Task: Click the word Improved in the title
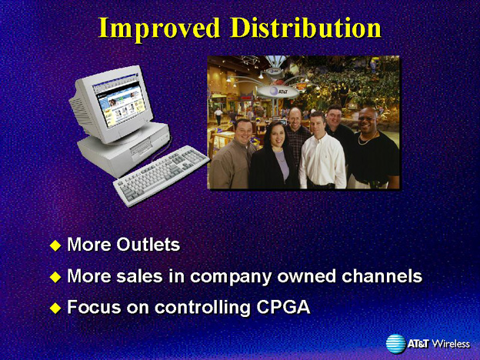(x=159, y=29)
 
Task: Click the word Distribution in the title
(x=306, y=28)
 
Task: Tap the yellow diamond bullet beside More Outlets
(x=55, y=245)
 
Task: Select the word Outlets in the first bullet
(x=148, y=245)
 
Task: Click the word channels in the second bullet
(x=382, y=275)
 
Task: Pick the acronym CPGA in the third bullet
(x=284, y=307)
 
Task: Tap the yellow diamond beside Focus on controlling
(x=55, y=308)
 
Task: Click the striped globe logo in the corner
(x=395, y=344)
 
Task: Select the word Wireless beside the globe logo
(x=451, y=344)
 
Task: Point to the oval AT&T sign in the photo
(x=277, y=92)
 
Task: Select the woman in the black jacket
(x=274, y=156)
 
